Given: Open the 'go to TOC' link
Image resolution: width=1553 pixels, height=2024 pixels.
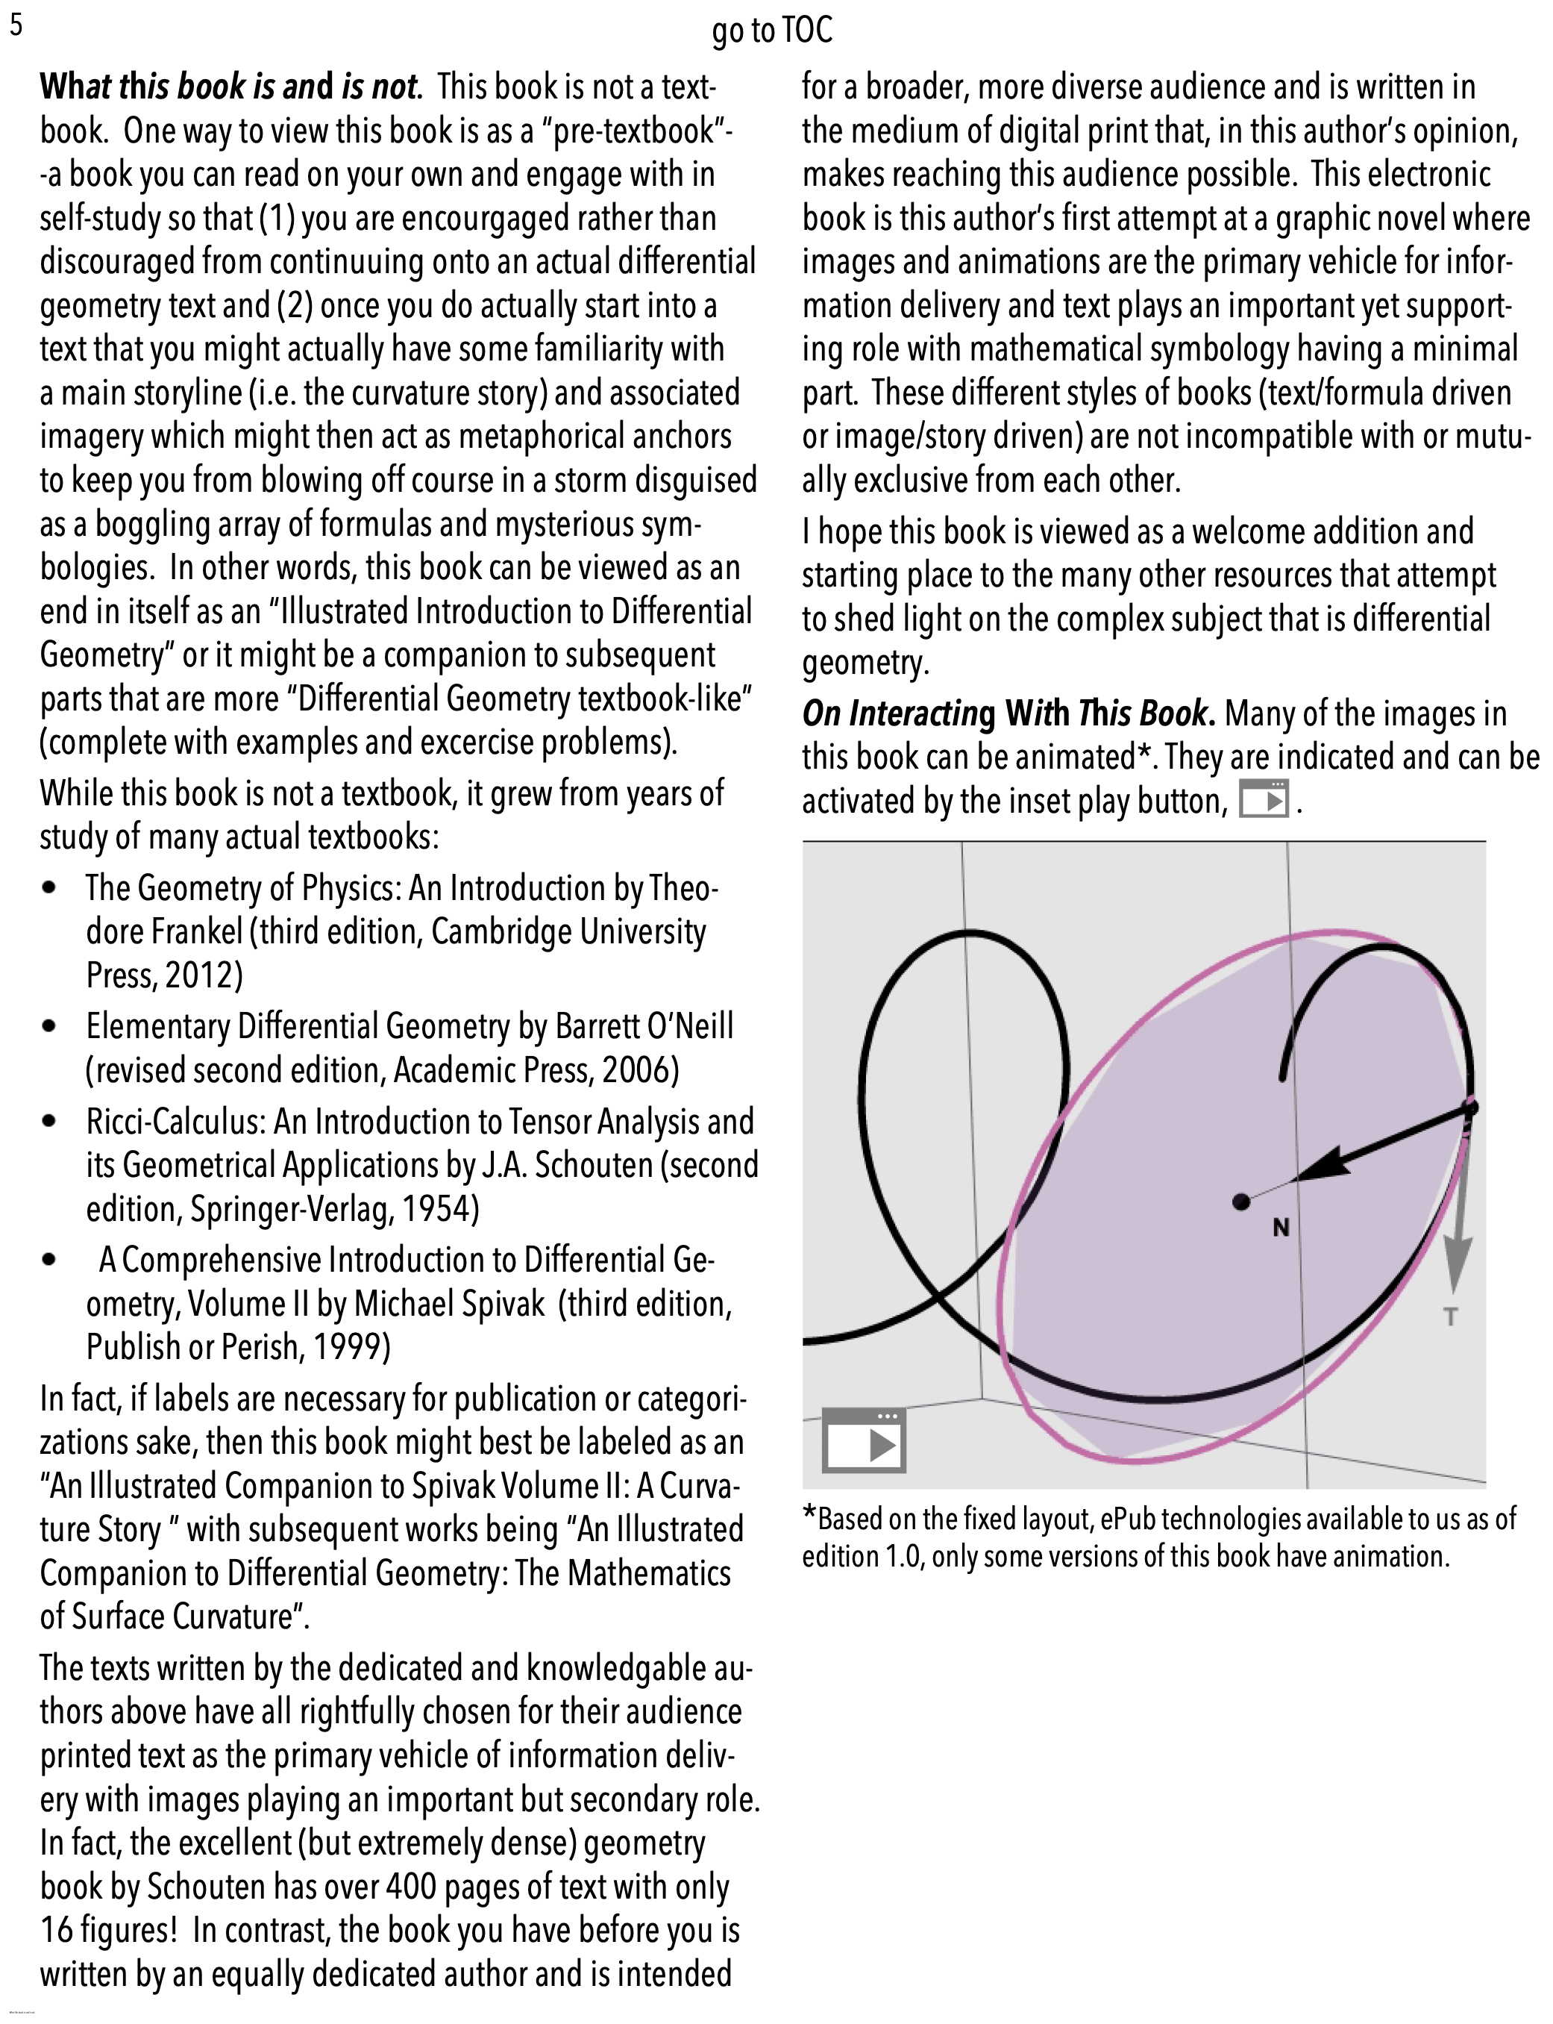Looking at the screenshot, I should coord(772,31).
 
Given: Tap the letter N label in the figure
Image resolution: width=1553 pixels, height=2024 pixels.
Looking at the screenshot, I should coord(1280,1228).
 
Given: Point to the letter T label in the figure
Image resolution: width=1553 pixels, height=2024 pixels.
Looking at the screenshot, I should coord(1450,1316).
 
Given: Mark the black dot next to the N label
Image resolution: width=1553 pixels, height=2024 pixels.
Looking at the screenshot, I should coord(1241,1201).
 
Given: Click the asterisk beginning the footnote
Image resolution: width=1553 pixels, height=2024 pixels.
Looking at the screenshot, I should coord(810,1517).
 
